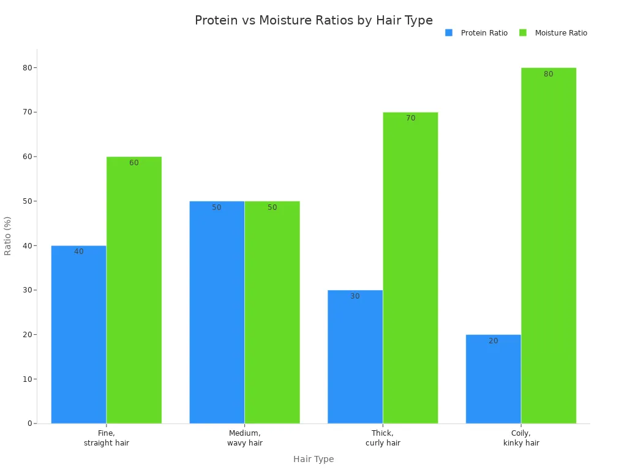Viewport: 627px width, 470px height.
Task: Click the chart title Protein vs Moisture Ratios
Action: [313, 21]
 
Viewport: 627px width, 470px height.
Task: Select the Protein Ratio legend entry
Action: [477, 33]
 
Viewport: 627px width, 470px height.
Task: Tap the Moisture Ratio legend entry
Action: [554, 33]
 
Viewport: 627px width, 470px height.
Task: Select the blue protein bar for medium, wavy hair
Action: [217, 312]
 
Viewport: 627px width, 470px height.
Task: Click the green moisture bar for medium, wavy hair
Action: [272, 312]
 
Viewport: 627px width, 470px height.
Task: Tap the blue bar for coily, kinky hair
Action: [493, 379]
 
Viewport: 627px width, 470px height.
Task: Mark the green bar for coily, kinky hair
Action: [549, 245]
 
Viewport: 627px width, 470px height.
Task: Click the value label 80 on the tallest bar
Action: [549, 74]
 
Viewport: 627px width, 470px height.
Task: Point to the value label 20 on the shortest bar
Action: [493, 341]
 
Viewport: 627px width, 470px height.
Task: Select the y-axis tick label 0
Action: [29, 423]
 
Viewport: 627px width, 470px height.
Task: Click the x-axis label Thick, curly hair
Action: [383, 438]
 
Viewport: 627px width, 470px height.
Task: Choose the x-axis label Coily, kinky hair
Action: [521, 438]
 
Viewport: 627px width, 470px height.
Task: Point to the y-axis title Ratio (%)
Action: [8, 236]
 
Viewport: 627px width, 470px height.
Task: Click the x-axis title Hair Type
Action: [313, 459]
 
